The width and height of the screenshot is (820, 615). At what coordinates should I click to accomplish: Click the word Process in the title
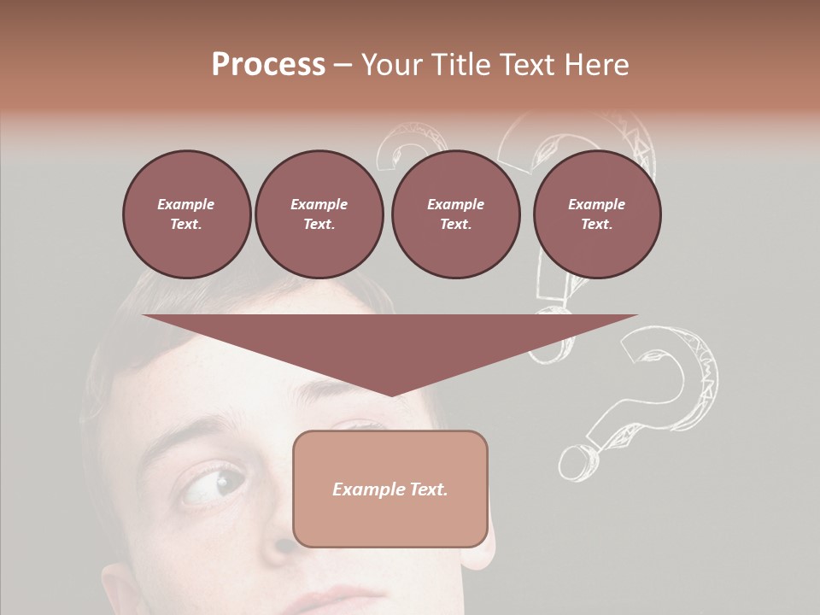[x=268, y=65]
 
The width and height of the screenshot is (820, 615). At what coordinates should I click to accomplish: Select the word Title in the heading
[x=464, y=65]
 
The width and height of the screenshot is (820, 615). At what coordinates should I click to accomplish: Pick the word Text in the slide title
[x=528, y=65]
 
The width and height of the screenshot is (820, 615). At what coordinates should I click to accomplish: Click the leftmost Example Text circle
[x=186, y=214]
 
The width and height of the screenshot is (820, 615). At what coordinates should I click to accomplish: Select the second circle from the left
[x=319, y=214]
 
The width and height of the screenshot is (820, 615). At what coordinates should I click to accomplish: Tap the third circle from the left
[x=455, y=214]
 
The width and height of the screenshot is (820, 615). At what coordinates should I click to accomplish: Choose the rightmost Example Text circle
[x=596, y=214]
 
